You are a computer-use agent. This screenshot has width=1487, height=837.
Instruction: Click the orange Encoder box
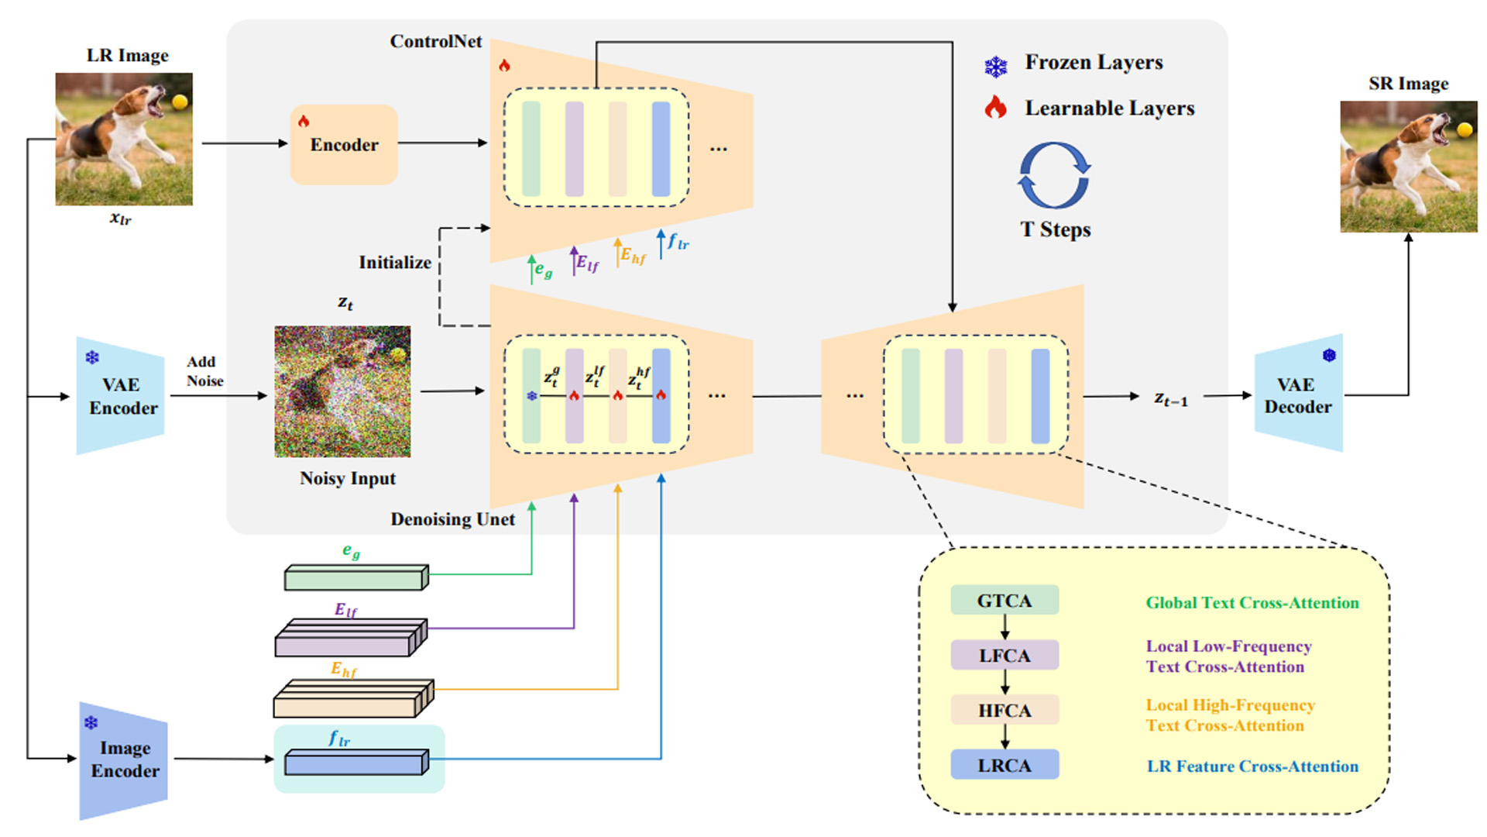coord(344,145)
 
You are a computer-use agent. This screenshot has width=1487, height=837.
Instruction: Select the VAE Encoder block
coord(121,396)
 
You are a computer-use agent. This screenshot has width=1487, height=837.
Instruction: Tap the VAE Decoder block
coord(1298,394)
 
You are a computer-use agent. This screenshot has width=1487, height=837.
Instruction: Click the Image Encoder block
coord(124,760)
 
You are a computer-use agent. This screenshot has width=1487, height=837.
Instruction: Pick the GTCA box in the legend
coord(1004,601)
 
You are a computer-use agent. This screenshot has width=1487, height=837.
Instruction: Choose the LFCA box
coord(1004,656)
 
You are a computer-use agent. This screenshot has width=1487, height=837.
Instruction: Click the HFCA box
coord(1004,710)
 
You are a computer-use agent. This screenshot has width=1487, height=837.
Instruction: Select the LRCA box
coord(1004,765)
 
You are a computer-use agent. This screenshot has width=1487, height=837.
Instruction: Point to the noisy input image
coord(342,391)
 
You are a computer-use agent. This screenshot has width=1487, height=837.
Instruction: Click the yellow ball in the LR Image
coord(180,102)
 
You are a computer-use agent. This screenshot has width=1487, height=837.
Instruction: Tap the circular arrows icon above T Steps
coord(1054,176)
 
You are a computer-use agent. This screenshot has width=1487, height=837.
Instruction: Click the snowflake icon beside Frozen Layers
coord(996,67)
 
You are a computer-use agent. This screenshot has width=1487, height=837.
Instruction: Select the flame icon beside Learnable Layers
coord(996,107)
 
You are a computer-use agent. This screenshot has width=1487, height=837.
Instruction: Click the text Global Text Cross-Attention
coord(1252,603)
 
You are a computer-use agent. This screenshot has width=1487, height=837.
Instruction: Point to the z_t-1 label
coord(1170,398)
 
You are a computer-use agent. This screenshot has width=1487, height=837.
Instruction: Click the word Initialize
coord(394,263)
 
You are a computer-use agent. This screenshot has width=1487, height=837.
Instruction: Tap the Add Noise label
coord(204,371)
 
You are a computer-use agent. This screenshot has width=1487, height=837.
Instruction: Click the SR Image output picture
coord(1408,166)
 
